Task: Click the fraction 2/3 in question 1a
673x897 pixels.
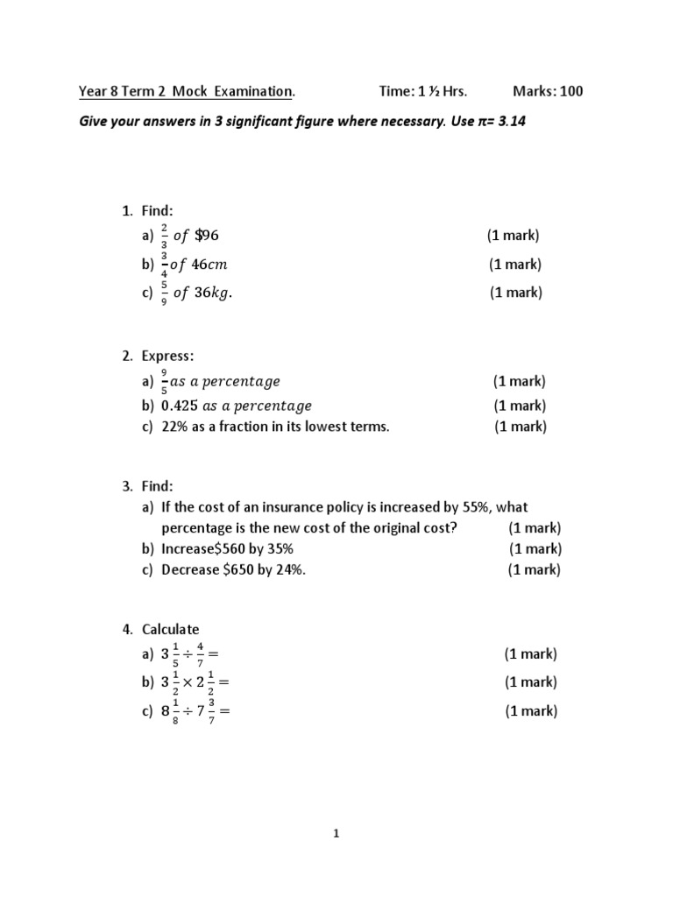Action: pyautogui.click(x=165, y=235)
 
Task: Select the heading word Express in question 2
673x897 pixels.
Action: pyautogui.click(x=159, y=356)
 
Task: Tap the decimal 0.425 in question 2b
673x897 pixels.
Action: pyautogui.click(x=180, y=406)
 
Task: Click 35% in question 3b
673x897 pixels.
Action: pyautogui.click(x=278, y=548)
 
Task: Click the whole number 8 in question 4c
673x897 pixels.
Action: pyautogui.click(x=164, y=712)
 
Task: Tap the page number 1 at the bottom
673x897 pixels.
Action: pyautogui.click(x=336, y=834)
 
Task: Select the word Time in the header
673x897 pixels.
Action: pyautogui.click(x=395, y=91)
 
